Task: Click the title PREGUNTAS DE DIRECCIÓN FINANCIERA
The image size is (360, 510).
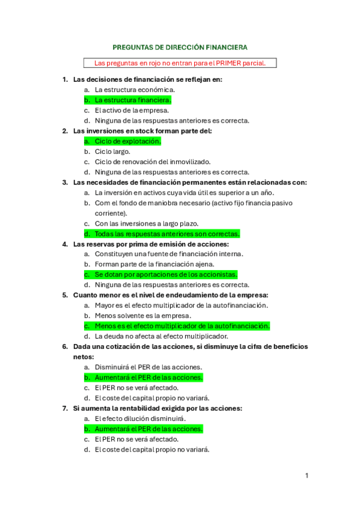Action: pos(180,46)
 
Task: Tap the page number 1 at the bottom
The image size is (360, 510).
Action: pos(307,476)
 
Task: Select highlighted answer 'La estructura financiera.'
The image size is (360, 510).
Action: pos(133,100)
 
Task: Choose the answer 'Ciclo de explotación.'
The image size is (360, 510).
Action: pos(127,141)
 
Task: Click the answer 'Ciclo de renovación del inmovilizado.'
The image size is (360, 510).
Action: pos(153,162)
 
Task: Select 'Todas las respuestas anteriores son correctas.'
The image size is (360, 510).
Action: pos(167,234)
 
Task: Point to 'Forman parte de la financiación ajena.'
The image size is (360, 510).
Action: pos(158,264)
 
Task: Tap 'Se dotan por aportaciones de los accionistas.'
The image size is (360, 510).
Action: pos(166,274)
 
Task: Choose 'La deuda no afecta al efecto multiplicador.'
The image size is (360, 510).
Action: pos(161,336)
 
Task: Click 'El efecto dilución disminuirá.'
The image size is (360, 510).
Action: pos(140,419)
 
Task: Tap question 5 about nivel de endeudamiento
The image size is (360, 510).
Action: pos(170,295)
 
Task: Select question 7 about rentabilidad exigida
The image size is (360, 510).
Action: pos(157,408)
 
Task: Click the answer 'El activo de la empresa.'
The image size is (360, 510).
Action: pos(132,110)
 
